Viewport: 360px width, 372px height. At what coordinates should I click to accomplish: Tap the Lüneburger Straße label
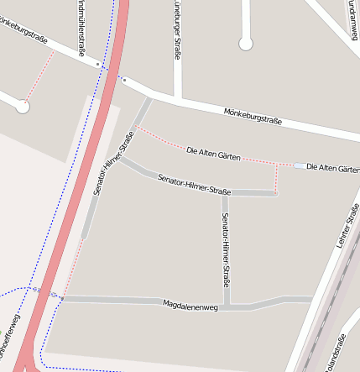(177, 29)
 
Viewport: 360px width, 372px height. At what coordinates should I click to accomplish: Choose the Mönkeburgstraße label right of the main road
(253, 116)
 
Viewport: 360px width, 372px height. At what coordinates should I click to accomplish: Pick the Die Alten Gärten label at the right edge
(333, 167)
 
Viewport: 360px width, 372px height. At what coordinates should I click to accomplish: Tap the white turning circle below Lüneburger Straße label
(245, 44)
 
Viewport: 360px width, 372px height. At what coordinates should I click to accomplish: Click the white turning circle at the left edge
(23, 107)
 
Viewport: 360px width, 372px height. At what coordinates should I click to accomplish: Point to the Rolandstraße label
(338, 354)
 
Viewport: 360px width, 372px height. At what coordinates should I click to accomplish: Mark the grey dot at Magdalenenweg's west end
(61, 298)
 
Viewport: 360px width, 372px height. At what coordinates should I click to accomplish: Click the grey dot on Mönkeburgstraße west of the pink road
(98, 63)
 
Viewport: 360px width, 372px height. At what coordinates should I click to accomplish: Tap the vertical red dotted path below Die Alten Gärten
(276, 177)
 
